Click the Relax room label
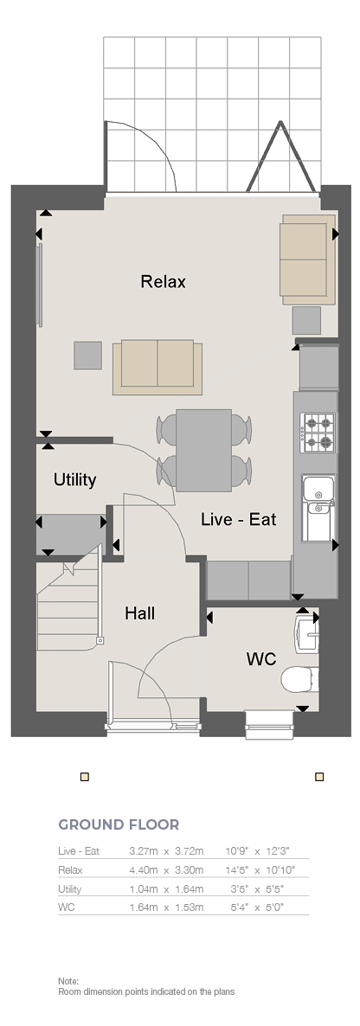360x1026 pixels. point(163,281)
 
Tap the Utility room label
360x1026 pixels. point(74,479)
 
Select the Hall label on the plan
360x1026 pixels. point(140,613)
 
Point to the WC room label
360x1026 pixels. point(261,659)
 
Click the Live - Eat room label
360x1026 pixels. point(238,520)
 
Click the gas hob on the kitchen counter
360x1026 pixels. point(318,433)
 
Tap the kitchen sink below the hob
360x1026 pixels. point(318,509)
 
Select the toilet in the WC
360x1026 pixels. point(299,679)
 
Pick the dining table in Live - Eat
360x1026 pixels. point(203,450)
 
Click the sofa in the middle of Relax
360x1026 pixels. point(157,367)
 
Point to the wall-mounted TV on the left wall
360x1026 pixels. point(40,285)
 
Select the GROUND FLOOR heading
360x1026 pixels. point(119,824)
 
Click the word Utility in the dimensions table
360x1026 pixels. point(70,889)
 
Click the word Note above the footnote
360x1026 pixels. point(68,982)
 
